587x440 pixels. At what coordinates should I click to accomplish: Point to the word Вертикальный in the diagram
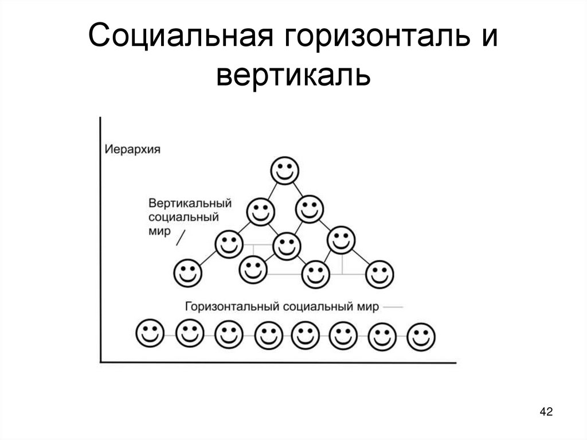pos(190,204)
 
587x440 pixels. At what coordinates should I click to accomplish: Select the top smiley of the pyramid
pos(284,170)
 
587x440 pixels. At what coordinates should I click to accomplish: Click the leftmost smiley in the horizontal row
pos(150,333)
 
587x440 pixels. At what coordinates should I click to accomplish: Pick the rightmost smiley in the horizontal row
pos(421,337)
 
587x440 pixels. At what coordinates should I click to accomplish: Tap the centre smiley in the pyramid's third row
pos(286,245)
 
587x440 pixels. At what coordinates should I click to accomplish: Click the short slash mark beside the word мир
pos(181,236)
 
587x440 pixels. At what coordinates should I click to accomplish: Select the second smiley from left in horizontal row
pos(190,333)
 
